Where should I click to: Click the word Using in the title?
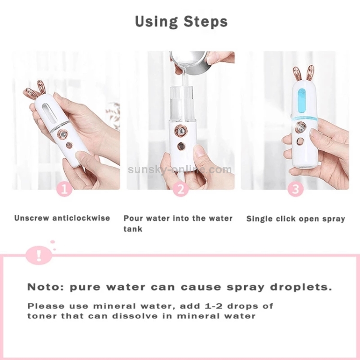(x=156, y=22)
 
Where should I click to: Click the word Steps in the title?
(x=205, y=22)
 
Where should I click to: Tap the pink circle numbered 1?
(x=64, y=189)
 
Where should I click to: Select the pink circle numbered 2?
(x=180, y=189)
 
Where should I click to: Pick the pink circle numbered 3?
(x=296, y=189)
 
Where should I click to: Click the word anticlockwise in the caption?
(x=81, y=218)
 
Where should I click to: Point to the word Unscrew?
(x=32, y=218)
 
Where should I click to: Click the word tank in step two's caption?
(x=132, y=229)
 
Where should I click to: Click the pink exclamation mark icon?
(x=39, y=255)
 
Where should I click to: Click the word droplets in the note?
(x=301, y=287)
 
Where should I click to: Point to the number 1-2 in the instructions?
(x=212, y=306)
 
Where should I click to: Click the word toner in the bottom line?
(x=42, y=316)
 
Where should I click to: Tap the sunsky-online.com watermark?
(x=180, y=169)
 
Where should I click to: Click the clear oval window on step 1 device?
(x=49, y=113)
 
